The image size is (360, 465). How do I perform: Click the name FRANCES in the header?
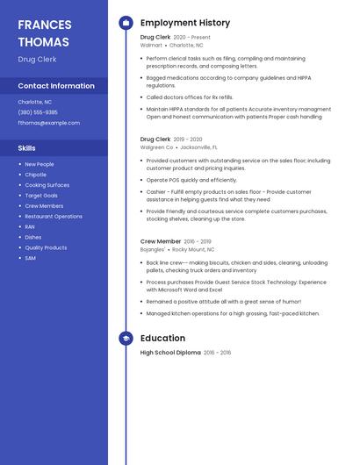pyautogui.click(x=44, y=24)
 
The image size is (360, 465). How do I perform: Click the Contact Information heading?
pyautogui.click(x=56, y=86)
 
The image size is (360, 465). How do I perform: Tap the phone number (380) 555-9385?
pyautogui.click(x=38, y=112)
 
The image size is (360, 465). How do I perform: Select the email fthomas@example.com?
pyautogui.click(x=48, y=123)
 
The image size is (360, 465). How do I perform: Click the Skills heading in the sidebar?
pyautogui.click(x=27, y=148)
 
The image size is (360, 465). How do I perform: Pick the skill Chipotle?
pyautogui.click(x=36, y=175)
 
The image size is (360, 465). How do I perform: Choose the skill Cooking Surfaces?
pyautogui.click(x=47, y=185)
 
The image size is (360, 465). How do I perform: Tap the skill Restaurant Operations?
pyautogui.click(x=54, y=216)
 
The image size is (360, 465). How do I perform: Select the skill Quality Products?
pyautogui.click(x=46, y=247)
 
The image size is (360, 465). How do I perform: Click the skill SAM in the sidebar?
pyautogui.click(x=30, y=258)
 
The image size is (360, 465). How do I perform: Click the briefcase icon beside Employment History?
pyautogui.click(x=126, y=23)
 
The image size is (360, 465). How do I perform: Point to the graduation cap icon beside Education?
pyautogui.click(x=126, y=338)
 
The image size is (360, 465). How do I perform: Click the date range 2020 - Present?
pyautogui.click(x=191, y=38)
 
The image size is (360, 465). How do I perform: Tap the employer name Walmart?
pyautogui.click(x=151, y=45)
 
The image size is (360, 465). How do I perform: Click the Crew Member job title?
pyautogui.click(x=161, y=241)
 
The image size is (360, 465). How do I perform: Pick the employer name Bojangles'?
pyautogui.click(x=153, y=249)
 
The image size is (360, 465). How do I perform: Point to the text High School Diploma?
pyautogui.click(x=170, y=353)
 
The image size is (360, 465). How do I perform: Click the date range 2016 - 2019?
pyautogui.click(x=198, y=241)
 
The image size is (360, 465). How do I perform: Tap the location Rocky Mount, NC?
pyautogui.click(x=193, y=249)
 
